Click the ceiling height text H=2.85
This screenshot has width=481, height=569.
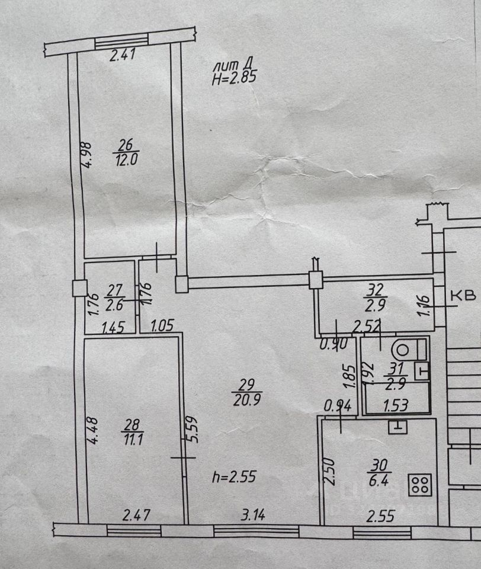(235, 76)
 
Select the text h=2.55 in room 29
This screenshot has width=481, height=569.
(234, 477)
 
